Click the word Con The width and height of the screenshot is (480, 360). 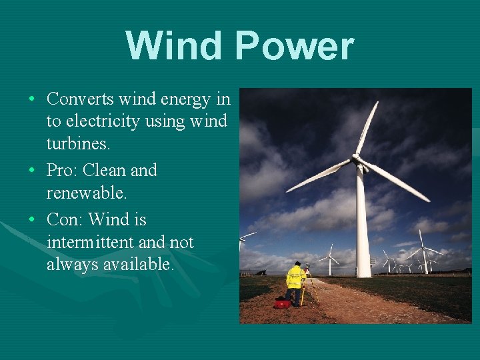[63, 219]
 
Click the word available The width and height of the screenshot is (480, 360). [136, 265]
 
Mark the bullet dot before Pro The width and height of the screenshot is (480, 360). [32, 171]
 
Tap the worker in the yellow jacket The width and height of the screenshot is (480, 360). [294, 281]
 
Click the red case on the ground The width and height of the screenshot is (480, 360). [283, 303]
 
